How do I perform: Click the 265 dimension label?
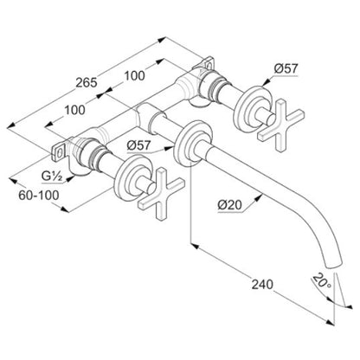point(87,83)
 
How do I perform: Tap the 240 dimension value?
point(262,285)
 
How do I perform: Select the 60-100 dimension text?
point(39,196)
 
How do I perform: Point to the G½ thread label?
point(52,177)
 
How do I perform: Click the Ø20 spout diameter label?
point(230,205)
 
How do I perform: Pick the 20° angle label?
point(322,281)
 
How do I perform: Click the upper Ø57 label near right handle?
point(286,68)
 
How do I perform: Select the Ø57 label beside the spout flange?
point(138,145)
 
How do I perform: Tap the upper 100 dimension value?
point(134,76)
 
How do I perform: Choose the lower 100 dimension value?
point(74,110)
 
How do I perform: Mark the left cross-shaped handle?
point(161,194)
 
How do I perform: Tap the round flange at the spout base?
point(192,144)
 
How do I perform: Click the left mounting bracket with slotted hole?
point(59,151)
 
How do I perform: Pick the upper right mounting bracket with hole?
point(208,64)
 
